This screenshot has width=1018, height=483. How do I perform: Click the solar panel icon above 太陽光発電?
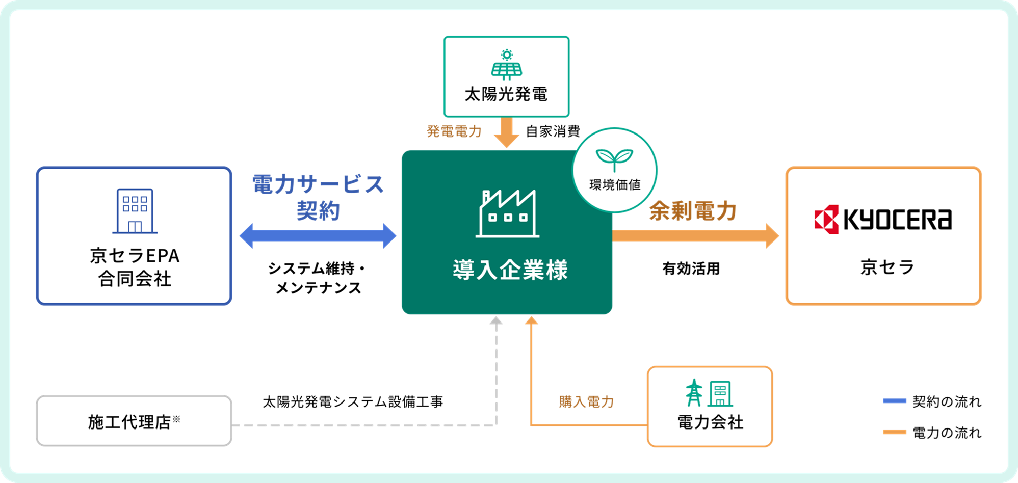[x=506, y=65]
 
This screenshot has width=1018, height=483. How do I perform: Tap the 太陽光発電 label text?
[x=506, y=94]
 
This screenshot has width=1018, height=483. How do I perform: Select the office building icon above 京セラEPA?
[x=135, y=211]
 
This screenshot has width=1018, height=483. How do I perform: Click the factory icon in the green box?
[x=508, y=213]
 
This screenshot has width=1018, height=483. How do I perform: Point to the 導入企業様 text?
[x=510, y=270]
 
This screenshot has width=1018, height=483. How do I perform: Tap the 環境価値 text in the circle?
[x=615, y=185]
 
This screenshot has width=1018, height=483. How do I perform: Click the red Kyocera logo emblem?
[x=826, y=220]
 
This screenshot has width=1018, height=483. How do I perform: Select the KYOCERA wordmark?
[x=898, y=220]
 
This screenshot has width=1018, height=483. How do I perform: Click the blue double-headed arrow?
[x=318, y=236]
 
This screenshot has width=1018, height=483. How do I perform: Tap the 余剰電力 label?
[x=693, y=211]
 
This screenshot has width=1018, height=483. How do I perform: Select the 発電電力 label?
[x=454, y=131]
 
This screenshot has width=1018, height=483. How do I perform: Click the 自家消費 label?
[x=553, y=131]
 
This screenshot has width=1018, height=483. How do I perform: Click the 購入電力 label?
[x=586, y=402]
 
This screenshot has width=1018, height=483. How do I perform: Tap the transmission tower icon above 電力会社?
[x=694, y=393]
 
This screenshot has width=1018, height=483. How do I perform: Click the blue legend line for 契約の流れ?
[x=895, y=401]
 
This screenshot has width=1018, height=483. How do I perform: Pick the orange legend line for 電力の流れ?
[x=895, y=432]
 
